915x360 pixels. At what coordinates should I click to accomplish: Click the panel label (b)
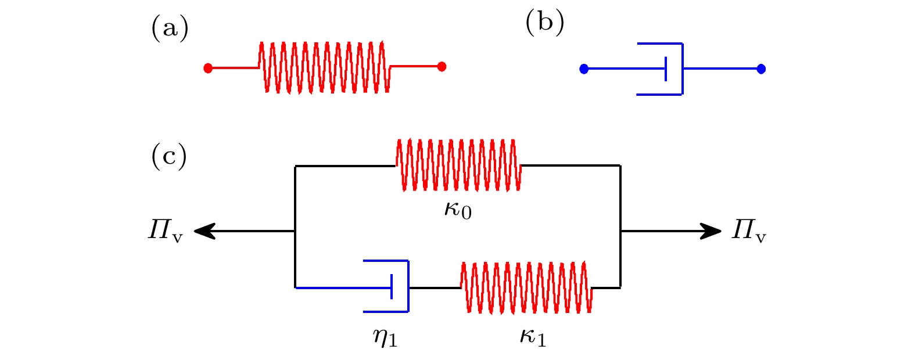tap(544, 24)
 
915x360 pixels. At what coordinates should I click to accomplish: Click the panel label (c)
tap(169, 156)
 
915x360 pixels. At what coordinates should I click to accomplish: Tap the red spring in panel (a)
tap(324, 67)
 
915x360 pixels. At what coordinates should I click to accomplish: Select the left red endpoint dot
tap(208, 68)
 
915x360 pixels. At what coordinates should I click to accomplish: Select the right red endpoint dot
tap(442, 66)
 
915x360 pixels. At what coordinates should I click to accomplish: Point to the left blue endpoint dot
tap(584, 69)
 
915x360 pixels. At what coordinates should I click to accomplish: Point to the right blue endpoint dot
tap(761, 69)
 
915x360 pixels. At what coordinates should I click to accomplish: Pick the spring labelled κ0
tap(458, 165)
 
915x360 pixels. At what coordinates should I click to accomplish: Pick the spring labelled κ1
tap(526, 287)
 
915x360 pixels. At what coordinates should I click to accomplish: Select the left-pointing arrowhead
tap(203, 232)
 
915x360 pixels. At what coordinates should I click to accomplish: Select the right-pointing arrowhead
tap(712, 231)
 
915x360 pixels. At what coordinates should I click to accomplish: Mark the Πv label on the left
tap(165, 231)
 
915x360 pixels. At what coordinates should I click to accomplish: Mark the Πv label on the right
tap(749, 231)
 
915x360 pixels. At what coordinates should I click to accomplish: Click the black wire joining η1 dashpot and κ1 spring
tap(435, 288)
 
